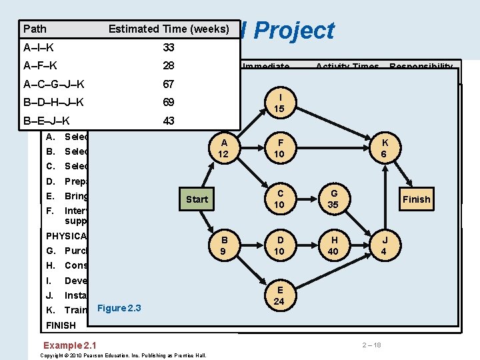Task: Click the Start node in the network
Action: pos(197,199)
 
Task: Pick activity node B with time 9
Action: pos(224,245)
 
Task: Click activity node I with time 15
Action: pos(279,103)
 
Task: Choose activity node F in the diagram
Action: pos(279,148)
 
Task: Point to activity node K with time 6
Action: pos(383,148)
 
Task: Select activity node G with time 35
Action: pos(333,199)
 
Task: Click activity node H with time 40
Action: pos(333,245)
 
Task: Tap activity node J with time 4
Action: pos(383,245)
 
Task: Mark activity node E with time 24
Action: pos(279,295)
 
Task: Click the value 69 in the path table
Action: pos(169,103)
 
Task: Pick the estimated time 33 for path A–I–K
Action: pos(169,47)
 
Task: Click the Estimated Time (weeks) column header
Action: pos(169,29)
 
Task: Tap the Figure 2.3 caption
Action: pos(120,307)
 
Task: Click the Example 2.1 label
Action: pos(69,345)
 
